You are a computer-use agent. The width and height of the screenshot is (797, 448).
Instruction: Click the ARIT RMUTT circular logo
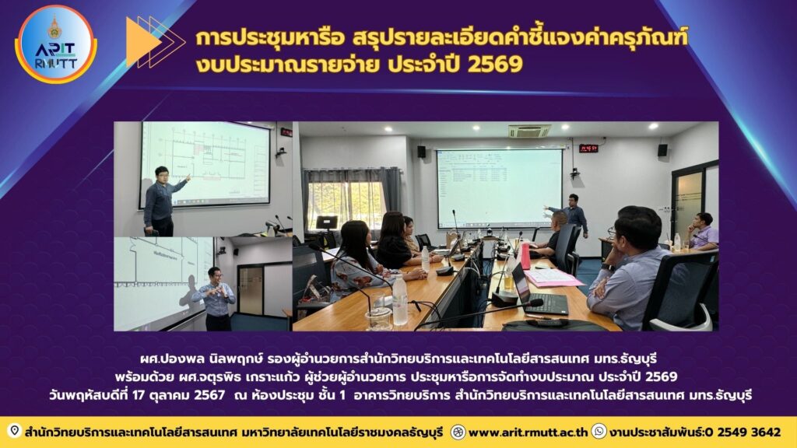tap(56, 44)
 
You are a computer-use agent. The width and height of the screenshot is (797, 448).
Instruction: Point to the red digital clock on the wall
tap(588, 149)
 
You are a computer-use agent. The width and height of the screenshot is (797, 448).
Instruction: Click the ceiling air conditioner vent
tap(529, 131)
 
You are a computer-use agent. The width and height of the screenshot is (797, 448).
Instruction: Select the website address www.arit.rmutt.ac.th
tap(528, 432)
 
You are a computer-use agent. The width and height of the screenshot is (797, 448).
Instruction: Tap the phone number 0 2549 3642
tap(743, 432)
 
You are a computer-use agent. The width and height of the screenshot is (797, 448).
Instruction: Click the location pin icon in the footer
tap(15, 431)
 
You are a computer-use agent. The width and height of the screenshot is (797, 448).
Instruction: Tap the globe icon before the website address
tap(458, 432)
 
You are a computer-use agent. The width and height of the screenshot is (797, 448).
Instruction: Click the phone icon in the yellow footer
tap(599, 432)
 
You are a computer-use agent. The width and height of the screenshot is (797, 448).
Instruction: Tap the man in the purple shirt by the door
tap(703, 232)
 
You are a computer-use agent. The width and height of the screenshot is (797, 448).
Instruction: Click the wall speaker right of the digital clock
tap(662, 150)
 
